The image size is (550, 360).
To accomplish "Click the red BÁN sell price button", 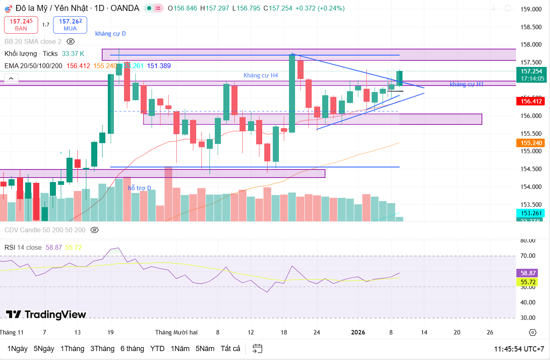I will click(21, 25).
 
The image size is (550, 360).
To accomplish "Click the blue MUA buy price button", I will click(70, 25).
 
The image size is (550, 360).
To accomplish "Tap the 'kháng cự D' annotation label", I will click(110, 34).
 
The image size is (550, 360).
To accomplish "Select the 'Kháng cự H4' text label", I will click(261, 75).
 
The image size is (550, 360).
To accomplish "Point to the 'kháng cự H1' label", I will click(467, 84).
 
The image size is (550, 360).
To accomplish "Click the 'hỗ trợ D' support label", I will click(139, 188).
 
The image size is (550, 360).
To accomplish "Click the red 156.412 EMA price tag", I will click(531, 101).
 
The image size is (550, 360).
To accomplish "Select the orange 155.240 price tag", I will click(531, 143).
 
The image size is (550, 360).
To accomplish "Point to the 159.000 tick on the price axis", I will click(531, 9).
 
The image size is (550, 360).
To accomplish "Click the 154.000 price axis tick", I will click(531, 187).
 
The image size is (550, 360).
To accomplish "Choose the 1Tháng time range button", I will click(72, 349).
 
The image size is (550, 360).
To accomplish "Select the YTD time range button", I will click(157, 349).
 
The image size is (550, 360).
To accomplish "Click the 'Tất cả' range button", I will click(230, 349).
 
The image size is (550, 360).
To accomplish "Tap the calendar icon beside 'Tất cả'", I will click(257, 349).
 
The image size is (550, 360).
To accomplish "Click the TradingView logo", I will click(46, 315).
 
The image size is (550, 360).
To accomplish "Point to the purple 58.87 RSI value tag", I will click(527, 273).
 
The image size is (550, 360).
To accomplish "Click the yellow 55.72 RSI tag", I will click(527, 282).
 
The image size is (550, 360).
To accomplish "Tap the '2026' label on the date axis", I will click(358, 332).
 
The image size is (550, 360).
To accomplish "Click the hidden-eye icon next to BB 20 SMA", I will click(71, 41).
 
